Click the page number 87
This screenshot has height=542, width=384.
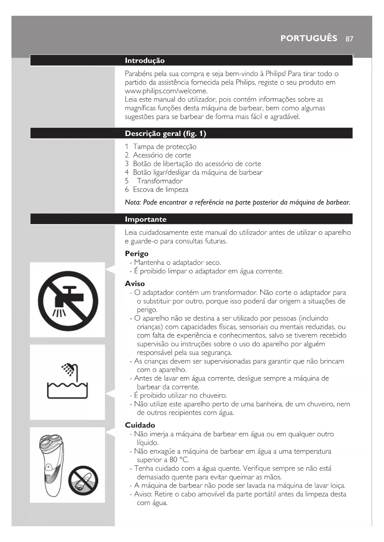[x=349, y=39]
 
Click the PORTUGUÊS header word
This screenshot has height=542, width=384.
[x=309, y=38]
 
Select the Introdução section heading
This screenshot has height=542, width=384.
[x=145, y=61]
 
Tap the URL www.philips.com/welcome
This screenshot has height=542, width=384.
[x=166, y=91]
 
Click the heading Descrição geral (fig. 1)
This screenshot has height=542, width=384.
[x=165, y=133]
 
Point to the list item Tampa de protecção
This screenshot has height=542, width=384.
[x=165, y=147]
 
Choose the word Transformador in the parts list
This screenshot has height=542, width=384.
[x=160, y=181]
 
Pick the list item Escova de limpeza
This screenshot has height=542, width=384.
[x=161, y=190]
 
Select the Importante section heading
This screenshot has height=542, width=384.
[x=145, y=219]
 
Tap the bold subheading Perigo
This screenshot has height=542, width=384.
[x=136, y=254]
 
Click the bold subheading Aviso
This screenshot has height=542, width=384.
[x=135, y=284]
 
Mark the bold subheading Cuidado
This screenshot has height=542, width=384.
[x=140, y=425]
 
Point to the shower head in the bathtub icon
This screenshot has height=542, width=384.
[x=69, y=369]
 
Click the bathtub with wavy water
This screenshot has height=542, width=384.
[x=67, y=391]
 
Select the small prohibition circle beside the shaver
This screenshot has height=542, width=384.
[x=83, y=481]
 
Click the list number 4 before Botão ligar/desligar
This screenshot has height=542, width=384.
[x=127, y=172]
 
